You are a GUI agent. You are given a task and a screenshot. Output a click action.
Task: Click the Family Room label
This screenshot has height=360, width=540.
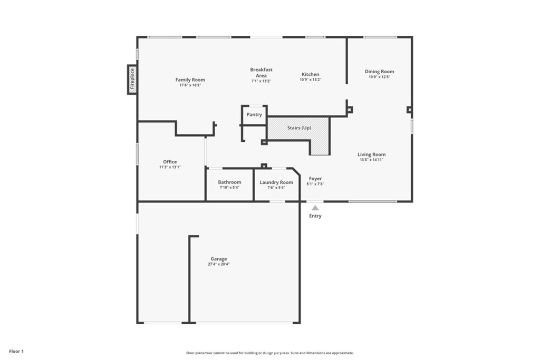pos(190,80)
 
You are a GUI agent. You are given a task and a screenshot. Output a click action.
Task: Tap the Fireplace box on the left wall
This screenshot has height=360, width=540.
pos(132,80)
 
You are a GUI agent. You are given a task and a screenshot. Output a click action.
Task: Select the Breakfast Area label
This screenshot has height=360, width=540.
pos(261,72)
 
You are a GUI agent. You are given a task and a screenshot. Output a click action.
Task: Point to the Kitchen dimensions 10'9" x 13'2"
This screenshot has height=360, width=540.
pos(310,80)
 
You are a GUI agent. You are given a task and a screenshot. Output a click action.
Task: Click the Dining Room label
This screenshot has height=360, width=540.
pos(379,71)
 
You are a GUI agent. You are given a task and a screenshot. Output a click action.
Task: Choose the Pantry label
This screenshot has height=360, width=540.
pos(254,114)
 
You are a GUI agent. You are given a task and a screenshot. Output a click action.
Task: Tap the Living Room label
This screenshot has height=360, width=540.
pos(371,154)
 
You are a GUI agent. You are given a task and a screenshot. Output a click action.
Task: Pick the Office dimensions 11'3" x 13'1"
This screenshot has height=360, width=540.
pos(170,167)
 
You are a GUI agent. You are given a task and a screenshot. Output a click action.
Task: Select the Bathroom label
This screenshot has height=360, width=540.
pos(229,182)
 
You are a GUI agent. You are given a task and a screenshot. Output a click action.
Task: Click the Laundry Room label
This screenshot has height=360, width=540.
pos(276,182)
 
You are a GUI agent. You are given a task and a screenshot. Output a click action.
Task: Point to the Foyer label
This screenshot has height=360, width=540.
pos(315,179)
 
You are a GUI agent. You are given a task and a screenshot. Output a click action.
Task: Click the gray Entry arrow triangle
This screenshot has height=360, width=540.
pos(315,208)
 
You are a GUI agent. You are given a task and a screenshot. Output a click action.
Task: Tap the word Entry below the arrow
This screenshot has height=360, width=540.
pos(315,216)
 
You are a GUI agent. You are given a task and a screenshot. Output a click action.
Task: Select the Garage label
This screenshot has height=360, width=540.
pos(218,259)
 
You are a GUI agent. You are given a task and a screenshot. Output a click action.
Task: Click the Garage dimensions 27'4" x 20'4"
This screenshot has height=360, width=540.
pos(218,264)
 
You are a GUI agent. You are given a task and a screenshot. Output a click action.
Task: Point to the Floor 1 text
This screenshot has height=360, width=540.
pos(16,351)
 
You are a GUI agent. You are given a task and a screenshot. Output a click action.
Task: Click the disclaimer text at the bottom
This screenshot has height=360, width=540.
pos(269,353)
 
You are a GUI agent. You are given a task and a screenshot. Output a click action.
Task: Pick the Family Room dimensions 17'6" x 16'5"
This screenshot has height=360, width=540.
pos(190,85)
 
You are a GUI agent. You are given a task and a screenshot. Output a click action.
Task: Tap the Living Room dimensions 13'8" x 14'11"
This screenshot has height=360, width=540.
pos(371,160)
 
